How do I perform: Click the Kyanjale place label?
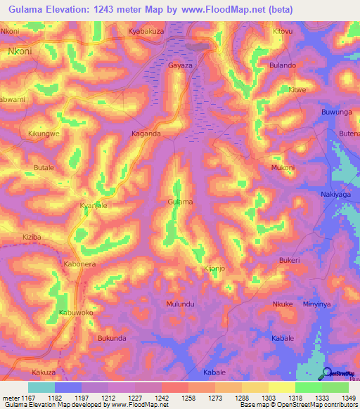click(93, 205)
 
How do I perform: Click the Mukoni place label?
click(283, 168)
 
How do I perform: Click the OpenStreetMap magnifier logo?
click(328, 372)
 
